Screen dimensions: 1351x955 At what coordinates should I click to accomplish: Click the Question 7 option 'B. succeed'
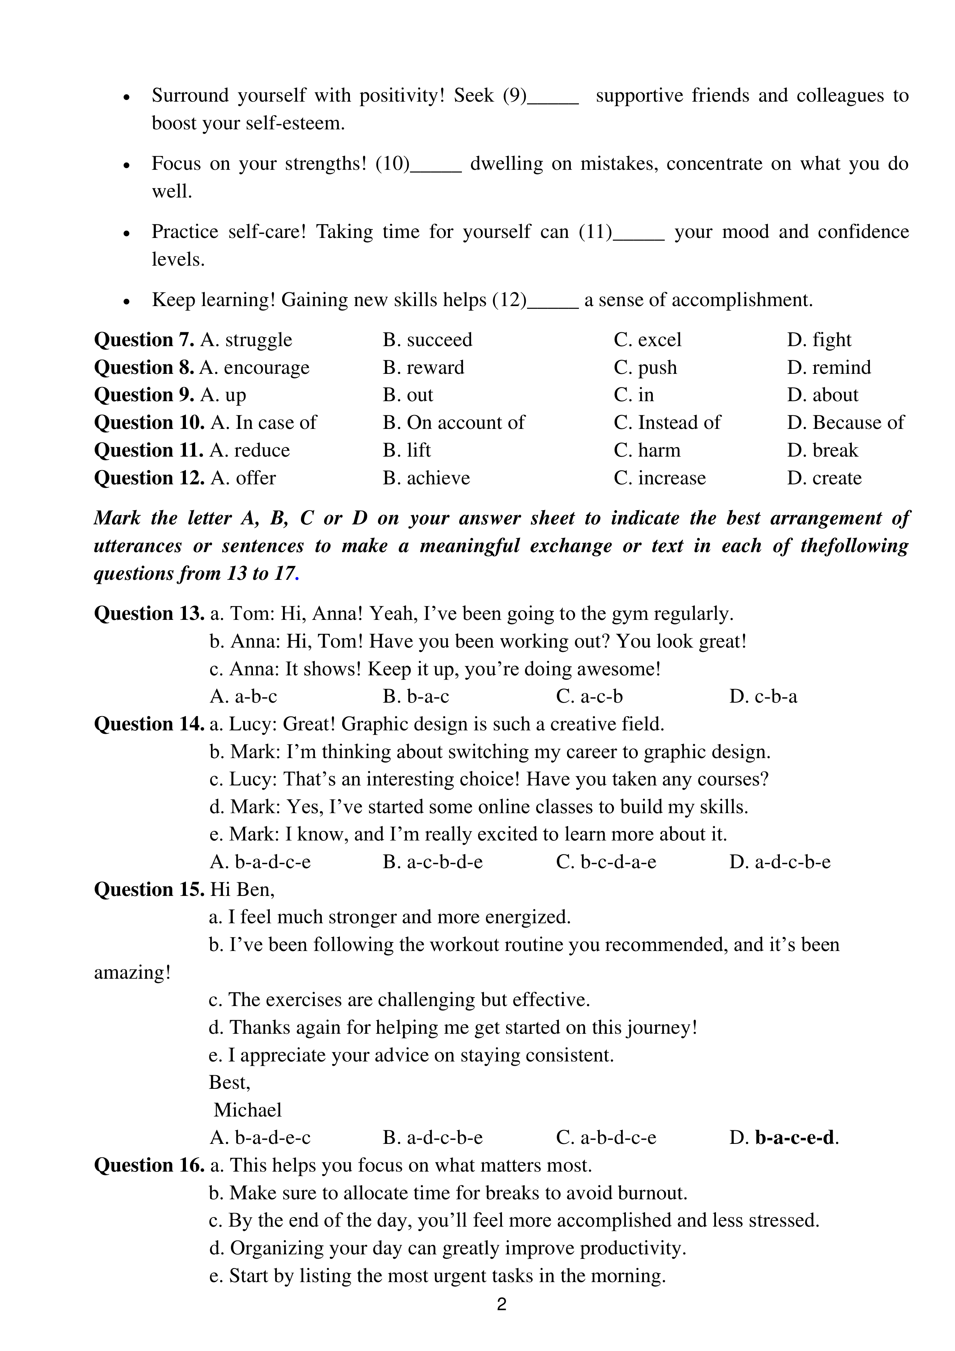427,340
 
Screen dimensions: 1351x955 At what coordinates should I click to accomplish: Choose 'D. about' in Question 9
823,395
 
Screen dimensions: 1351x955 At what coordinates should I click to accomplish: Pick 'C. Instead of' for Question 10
667,422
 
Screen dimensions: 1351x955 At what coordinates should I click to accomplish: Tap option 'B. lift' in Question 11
406,450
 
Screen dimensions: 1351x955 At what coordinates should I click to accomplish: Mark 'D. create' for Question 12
824,478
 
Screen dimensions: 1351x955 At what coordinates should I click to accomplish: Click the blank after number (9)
553,98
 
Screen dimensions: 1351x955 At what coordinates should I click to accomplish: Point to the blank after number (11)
639,234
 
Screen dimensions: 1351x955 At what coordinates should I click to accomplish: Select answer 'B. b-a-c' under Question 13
415,697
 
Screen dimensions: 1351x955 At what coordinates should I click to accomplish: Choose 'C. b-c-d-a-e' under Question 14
606,862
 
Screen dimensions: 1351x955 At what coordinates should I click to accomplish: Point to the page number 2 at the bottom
501,1304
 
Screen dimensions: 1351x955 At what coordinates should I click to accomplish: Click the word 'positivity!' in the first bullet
402,96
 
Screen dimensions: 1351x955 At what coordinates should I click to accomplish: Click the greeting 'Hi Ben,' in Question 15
243,890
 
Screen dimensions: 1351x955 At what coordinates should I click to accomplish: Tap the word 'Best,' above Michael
229,1083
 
